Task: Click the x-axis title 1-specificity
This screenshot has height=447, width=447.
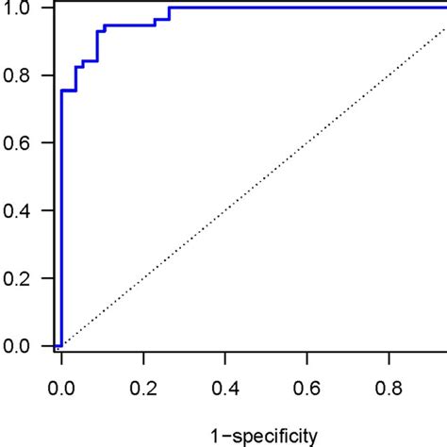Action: click(265, 435)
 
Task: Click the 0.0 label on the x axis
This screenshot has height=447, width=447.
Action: click(61, 386)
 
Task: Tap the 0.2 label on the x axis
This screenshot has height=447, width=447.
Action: click(143, 386)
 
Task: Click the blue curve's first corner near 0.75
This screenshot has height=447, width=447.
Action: click(62, 91)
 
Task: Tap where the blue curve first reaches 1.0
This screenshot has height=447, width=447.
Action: click(170, 8)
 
